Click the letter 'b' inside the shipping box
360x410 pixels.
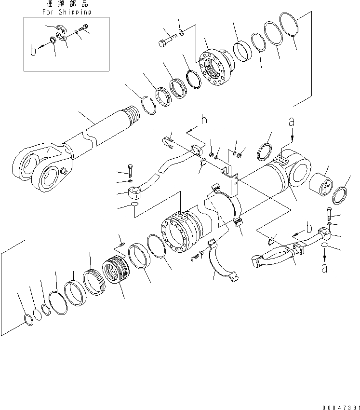point(33,51)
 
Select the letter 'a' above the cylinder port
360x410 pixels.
point(291,123)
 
